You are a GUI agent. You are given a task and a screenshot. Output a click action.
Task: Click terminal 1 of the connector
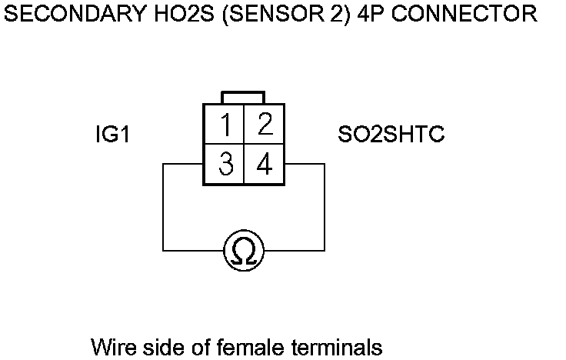[225, 125]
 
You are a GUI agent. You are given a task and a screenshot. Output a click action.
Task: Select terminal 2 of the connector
[264, 125]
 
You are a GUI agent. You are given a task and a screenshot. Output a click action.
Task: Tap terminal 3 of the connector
[225, 165]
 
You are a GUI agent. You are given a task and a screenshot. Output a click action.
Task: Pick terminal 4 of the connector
[264, 165]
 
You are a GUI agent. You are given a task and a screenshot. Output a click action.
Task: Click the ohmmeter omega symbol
[244, 250]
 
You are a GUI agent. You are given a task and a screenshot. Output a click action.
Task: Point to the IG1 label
[112, 135]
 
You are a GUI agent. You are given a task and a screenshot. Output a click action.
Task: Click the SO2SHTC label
[391, 135]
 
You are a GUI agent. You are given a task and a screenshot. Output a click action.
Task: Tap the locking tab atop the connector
[244, 98]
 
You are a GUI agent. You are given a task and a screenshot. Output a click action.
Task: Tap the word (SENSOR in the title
[260, 14]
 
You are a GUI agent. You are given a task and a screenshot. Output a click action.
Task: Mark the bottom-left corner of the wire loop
[163, 250]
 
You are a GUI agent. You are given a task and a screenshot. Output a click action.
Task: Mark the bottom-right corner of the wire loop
[325, 250]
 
